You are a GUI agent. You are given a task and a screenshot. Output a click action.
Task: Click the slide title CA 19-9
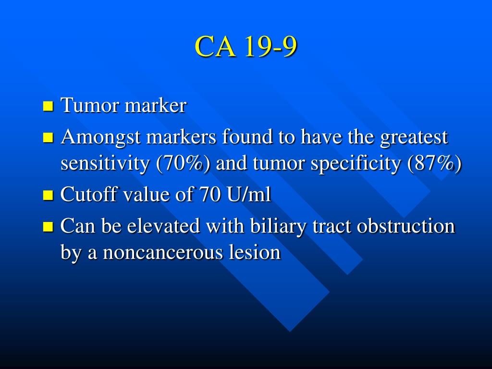click(246, 47)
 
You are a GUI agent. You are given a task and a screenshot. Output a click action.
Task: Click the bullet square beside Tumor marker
click(48, 106)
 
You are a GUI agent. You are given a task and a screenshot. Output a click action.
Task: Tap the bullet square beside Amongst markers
click(48, 138)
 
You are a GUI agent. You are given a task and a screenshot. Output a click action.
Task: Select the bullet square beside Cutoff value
click(48, 196)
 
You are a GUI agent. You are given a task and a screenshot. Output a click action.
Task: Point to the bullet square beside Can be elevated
click(48, 226)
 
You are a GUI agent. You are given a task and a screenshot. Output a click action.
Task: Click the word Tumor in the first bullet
click(90, 106)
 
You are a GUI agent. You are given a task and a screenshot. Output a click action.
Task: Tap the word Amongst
click(101, 138)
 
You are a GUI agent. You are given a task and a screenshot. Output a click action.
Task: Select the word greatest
click(414, 138)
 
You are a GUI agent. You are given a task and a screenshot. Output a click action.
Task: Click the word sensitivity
click(105, 164)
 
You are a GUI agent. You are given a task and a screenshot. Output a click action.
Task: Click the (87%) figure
click(435, 164)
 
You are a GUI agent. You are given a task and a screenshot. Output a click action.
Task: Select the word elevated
click(163, 226)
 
